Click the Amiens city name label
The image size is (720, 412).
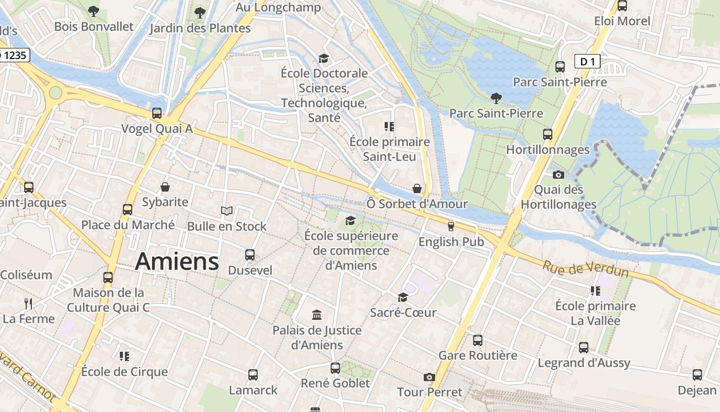(x=177, y=262)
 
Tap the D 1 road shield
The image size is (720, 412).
(x=587, y=62)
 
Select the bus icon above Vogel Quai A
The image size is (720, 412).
(x=157, y=113)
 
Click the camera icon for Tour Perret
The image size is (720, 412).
(x=429, y=377)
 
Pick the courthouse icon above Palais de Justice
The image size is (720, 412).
(x=317, y=315)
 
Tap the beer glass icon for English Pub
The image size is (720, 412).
(x=451, y=227)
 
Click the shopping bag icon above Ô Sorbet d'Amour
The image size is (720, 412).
(x=417, y=188)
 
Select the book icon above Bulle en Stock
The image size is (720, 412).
(x=227, y=211)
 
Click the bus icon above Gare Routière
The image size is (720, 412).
(x=478, y=340)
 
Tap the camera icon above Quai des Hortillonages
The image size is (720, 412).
(x=559, y=175)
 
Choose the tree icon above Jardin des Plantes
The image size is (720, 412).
(x=200, y=12)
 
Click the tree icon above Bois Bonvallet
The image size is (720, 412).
(x=94, y=11)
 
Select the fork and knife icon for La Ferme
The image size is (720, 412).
(x=28, y=303)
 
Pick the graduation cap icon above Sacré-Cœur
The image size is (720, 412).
(x=403, y=297)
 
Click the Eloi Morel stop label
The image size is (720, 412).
(x=622, y=21)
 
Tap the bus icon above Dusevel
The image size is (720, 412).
(x=250, y=254)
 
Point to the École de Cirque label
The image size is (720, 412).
(x=124, y=372)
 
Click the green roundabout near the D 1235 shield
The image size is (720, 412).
(x=55, y=93)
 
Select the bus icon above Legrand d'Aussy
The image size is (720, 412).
(x=584, y=347)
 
